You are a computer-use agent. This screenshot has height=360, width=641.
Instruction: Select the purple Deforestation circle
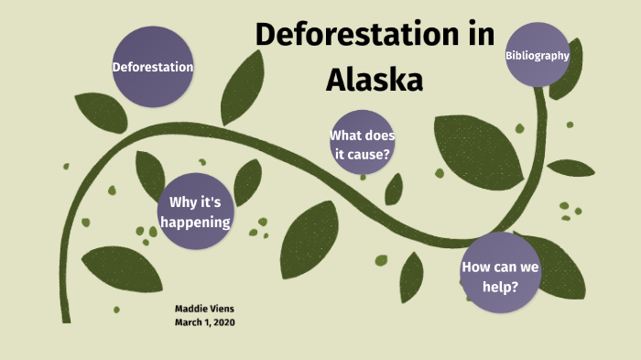click(153, 67)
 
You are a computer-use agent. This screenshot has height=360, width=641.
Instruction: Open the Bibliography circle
click(538, 55)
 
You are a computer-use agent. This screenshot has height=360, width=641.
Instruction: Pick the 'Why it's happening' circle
click(194, 211)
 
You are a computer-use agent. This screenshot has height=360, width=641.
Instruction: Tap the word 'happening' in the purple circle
click(194, 222)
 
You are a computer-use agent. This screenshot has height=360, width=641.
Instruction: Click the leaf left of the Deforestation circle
click(99, 112)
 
